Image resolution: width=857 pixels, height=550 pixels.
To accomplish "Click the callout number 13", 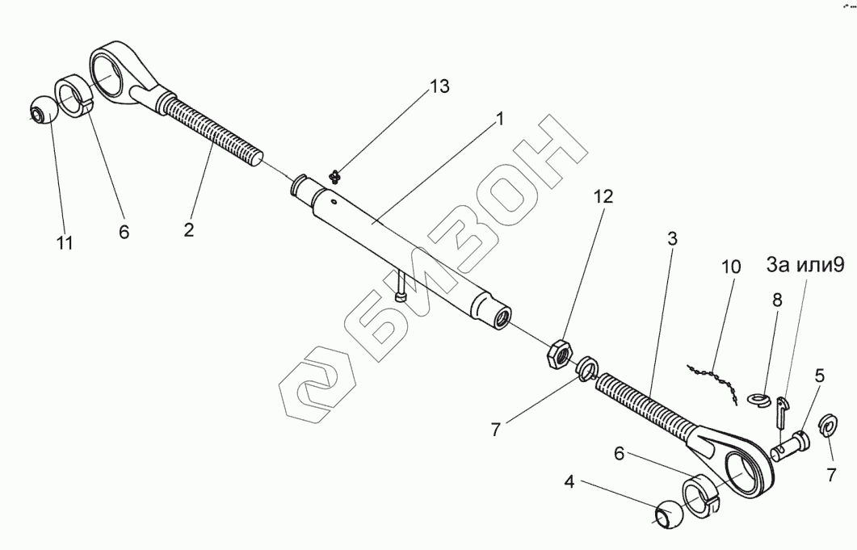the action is [439, 87].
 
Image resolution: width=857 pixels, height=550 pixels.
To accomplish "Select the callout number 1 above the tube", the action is [499, 119].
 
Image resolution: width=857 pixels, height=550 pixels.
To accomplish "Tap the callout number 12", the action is [604, 196].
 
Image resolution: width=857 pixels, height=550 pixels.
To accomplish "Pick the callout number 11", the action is [65, 242].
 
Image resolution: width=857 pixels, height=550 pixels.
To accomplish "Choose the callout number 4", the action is [569, 484].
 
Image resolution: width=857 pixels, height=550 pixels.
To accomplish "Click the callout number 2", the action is [189, 229].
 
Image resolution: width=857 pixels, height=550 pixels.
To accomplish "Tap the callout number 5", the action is [819, 375].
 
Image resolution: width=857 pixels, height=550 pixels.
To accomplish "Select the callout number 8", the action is [777, 300].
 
